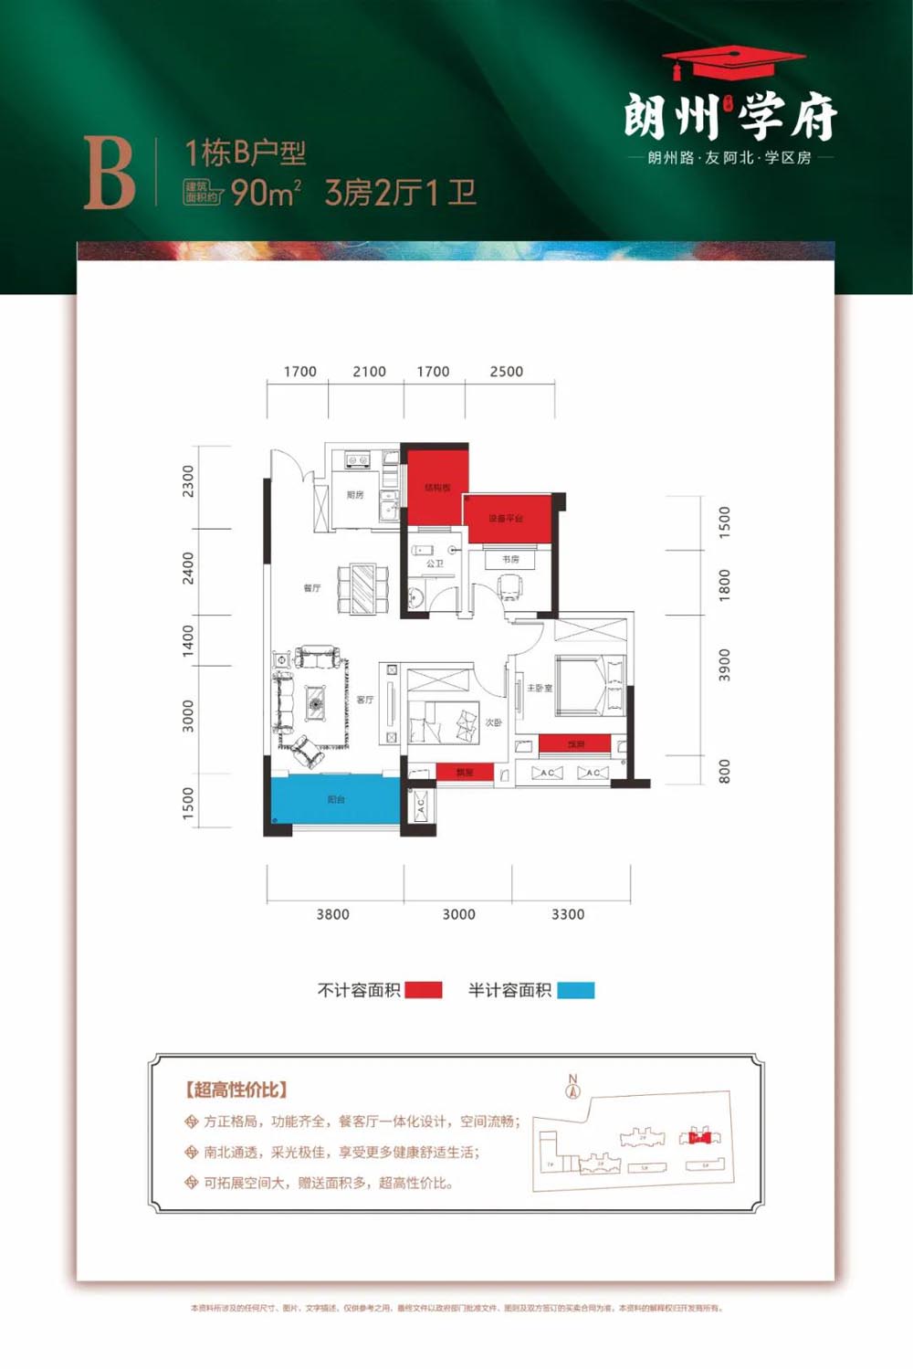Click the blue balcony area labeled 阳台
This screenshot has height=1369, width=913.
[x=336, y=799]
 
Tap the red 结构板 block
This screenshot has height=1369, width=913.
[x=437, y=485]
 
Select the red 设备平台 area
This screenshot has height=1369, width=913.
[x=508, y=519]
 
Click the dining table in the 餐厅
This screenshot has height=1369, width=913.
[x=362, y=589]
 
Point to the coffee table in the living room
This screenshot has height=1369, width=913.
[x=316, y=703]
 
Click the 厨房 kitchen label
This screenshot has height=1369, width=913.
[x=355, y=495]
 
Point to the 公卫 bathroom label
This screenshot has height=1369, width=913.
[x=435, y=563]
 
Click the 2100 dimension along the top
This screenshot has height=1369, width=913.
[x=369, y=372]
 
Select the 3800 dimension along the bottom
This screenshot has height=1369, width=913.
[x=332, y=914]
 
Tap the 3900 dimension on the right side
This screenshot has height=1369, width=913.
[x=724, y=665]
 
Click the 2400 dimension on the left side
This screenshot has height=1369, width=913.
[x=188, y=568]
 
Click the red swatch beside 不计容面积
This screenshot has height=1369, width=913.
[x=423, y=990]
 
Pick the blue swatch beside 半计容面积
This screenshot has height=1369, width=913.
[x=575, y=990]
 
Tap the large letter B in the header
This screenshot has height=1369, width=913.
[x=110, y=174]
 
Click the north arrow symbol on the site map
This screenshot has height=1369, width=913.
[x=573, y=1086]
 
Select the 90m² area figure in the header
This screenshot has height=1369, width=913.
[x=265, y=193]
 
